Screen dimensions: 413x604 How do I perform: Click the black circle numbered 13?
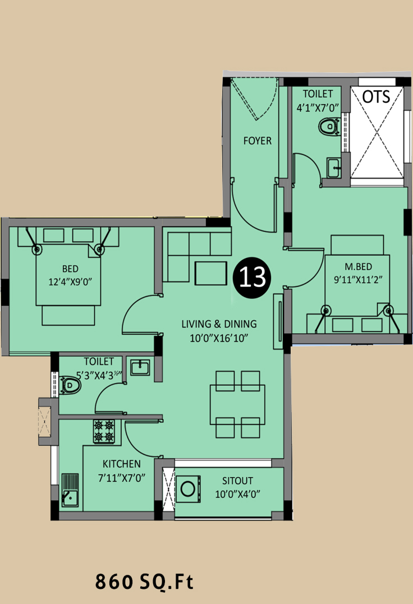[x=253, y=278]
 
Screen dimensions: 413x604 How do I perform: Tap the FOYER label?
[x=258, y=141]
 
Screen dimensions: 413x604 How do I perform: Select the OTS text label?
[x=377, y=97]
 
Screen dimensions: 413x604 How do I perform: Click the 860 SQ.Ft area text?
[x=144, y=581]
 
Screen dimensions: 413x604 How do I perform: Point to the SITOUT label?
[x=237, y=481]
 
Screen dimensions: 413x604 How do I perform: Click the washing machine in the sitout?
[x=188, y=489]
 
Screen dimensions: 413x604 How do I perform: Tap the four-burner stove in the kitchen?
[x=104, y=431]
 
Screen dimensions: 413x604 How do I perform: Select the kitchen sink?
[x=70, y=490]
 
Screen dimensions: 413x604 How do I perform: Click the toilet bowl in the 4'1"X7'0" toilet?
[x=329, y=126]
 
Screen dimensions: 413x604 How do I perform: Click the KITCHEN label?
[x=121, y=464]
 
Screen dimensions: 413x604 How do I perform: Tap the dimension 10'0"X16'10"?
[x=219, y=338]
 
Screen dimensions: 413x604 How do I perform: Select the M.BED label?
[x=359, y=266]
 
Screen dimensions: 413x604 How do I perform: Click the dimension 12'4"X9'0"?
[x=70, y=282]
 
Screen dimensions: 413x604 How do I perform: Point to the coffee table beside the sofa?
[x=211, y=273]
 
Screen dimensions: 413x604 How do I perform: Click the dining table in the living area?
[x=237, y=404]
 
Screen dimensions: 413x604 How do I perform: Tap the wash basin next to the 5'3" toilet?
[x=140, y=367]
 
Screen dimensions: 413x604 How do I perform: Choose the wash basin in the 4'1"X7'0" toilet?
[x=334, y=168]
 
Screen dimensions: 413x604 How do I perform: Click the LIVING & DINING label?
[x=219, y=324]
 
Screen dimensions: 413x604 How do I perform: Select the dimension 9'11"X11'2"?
[x=359, y=280]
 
